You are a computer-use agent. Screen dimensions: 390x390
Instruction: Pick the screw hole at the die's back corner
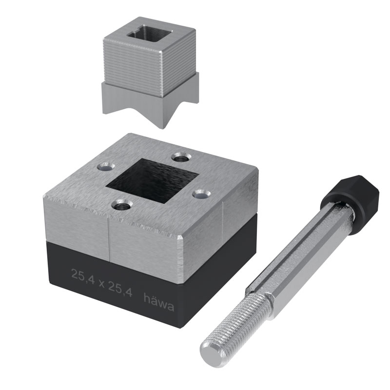181,157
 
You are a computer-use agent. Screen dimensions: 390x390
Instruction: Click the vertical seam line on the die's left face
108,239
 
